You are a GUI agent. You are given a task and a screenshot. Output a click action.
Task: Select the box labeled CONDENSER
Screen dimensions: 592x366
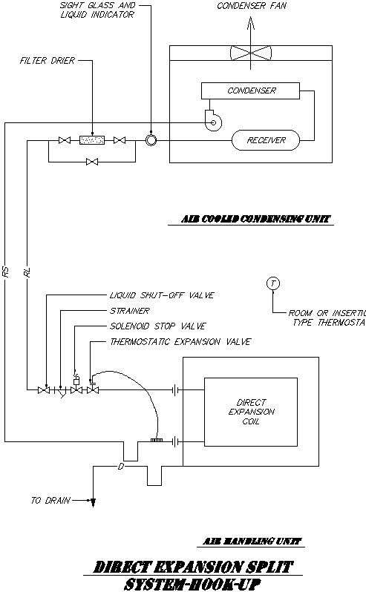click(x=251, y=91)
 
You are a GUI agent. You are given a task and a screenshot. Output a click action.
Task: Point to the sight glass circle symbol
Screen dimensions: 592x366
click(x=151, y=139)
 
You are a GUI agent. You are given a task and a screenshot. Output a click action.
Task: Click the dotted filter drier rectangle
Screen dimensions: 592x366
click(x=92, y=139)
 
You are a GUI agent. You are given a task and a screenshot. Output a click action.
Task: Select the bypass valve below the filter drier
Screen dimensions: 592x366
click(x=92, y=161)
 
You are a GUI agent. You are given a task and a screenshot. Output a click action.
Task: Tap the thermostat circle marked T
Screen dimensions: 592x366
click(x=273, y=284)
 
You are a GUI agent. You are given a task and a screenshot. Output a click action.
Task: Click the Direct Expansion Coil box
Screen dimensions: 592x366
click(x=250, y=412)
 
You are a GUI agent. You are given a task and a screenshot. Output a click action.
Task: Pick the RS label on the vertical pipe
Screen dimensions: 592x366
click(x=6, y=273)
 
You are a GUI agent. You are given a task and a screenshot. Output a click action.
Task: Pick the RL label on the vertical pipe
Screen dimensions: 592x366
click(x=27, y=273)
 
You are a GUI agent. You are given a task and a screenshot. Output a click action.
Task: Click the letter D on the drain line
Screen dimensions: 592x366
click(x=120, y=467)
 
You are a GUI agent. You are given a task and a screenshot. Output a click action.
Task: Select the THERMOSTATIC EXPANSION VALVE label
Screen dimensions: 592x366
click(x=180, y=342)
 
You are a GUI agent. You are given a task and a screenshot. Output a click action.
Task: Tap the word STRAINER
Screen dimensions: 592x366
click(x=129, y=311)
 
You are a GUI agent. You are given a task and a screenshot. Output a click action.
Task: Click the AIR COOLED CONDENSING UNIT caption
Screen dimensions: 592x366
click(x=257, y=220)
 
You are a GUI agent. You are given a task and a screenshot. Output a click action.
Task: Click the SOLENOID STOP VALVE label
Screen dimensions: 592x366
click(x=157, y=326)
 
